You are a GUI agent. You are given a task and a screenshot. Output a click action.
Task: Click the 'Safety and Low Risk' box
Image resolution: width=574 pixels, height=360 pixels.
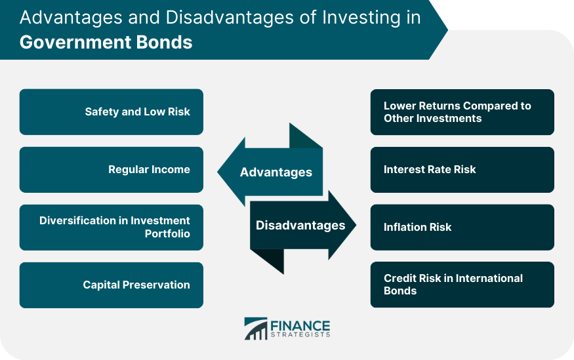click(x=112, y=112)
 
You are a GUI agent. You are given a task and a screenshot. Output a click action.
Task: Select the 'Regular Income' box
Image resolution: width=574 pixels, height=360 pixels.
click(x=112, y=170)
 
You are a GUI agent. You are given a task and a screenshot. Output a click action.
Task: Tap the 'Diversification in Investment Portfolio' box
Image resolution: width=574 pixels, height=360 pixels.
click(x=112, y=227)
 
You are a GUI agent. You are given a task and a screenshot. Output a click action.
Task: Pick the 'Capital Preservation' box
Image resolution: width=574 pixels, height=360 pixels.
click(x=112, y=285)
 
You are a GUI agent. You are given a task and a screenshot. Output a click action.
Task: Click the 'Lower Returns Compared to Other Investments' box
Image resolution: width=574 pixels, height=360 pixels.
click(x=462, y=112)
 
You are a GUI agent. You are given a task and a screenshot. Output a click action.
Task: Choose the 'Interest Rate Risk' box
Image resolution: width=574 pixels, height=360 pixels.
click(x=462, y=170)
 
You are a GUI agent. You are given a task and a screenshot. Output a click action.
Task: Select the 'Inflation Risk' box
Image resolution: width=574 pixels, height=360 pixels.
click(x=462, y=227)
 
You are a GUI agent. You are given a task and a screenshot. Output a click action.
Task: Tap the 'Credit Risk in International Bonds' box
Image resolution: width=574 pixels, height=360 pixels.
click(x=462, y=285)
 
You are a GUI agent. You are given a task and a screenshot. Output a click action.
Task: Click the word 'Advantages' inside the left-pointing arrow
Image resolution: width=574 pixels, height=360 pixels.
click(x=276, y=172)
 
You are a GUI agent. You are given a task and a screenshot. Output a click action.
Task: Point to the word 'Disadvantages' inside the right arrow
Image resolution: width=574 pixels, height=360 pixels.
click(x=300, y=226)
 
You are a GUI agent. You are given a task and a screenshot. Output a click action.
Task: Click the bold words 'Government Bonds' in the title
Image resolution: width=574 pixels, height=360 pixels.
click(x=106, y=42)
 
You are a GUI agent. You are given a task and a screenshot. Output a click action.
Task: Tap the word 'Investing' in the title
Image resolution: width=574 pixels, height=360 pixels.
click(x=361, y=18)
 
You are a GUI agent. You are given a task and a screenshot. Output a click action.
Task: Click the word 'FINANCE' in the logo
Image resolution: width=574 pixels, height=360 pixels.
click(x=300, y=326)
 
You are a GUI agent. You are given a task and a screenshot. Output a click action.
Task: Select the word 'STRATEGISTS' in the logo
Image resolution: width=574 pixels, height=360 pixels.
click(x=300, y=335)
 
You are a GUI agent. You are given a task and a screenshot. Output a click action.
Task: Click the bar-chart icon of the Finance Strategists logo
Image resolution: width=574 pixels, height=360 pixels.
click(x=256, y=329)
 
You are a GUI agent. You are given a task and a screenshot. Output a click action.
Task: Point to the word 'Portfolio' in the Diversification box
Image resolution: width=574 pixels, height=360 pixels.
click(x=167, y=234)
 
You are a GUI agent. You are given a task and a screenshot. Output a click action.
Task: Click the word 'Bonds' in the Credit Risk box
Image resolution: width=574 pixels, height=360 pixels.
click(x=400, y=291)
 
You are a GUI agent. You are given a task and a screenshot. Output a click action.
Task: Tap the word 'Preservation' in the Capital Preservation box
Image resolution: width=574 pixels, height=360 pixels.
click(x=156, y=285)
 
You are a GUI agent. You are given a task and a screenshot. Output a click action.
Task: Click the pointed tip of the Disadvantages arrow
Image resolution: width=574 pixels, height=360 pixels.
click(x=356, y=225)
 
